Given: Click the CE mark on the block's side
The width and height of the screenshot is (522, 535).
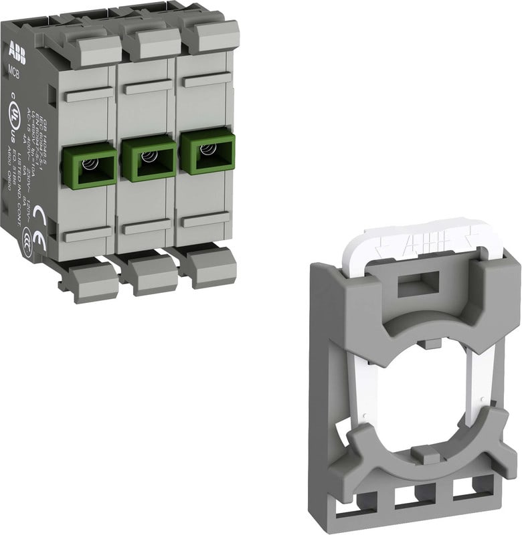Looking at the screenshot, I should click(38, 217).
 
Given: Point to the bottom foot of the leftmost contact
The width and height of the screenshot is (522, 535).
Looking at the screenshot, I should click(94, 279).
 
